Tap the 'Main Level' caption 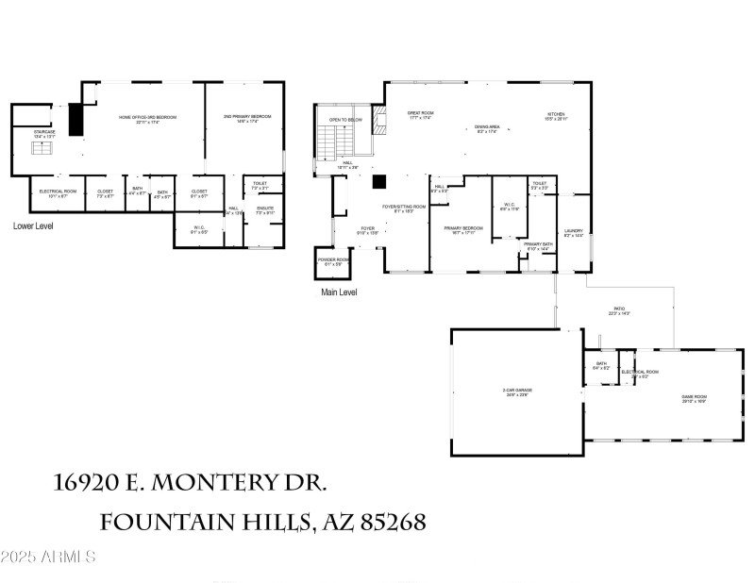(x=340, y=292)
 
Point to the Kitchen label (x=555, y=117)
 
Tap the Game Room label (x=695, y=397)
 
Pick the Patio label (x=619, y=310)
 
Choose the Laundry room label (x=573, y=232)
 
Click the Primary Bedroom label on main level (x=463, y=228)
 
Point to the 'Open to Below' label (x=345, y=120)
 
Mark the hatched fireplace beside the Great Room (x=380, y=120)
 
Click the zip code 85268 (x=387, y=521)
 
